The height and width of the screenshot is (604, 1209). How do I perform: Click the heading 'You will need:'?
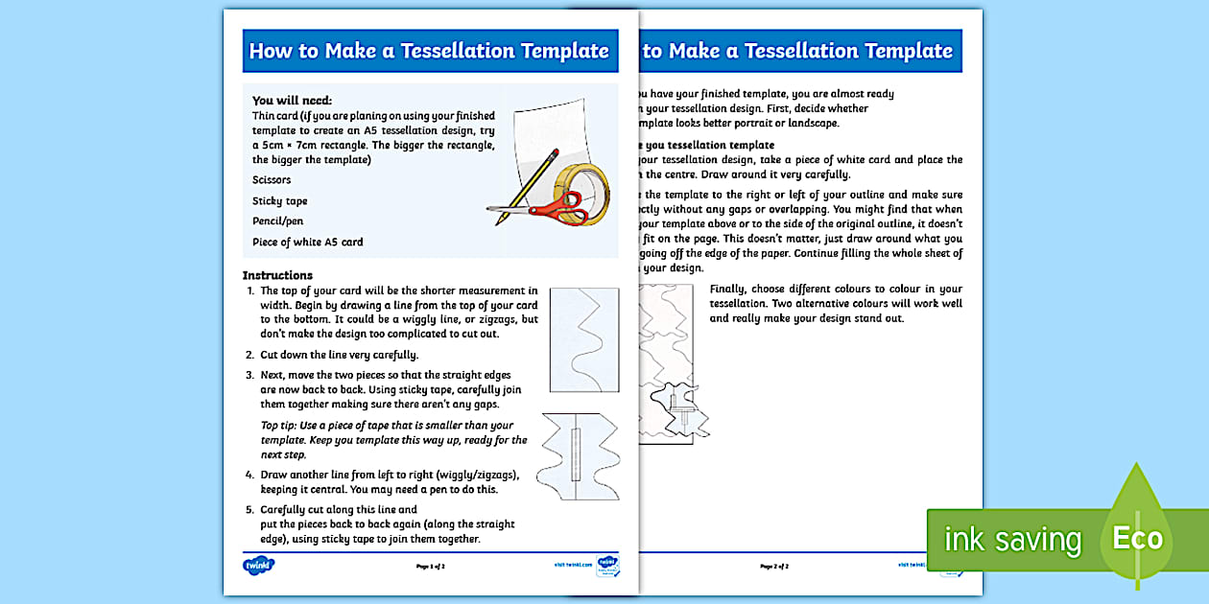pyautogui.click(x=292, y=100)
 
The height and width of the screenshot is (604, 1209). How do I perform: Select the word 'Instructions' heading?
pyautogui.click(x=277, y=275)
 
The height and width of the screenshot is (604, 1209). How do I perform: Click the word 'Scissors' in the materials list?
pyautogui.click(x=272, y=179)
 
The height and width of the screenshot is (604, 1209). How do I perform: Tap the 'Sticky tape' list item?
pyautogui.click(x=280, y=201)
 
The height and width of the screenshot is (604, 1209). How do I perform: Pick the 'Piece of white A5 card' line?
pyautogui.click(x=307, y=243)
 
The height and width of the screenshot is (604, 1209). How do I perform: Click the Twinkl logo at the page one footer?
pyautogui.click(x=259, y=566)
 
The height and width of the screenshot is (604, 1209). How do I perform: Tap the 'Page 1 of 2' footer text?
pyautogui.click(x=430, y=567)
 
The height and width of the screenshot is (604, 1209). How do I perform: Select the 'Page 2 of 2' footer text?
pyautogui.click(x=774, y=567)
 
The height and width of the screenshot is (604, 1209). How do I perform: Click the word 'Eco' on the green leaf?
pyautogui.click(x=1137, y=539)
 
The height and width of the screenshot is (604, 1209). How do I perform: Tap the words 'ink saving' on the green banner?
pyautogui.click(x=1012, y=540)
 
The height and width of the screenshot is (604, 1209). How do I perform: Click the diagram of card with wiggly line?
pyautogui.click(x=583, y=340)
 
